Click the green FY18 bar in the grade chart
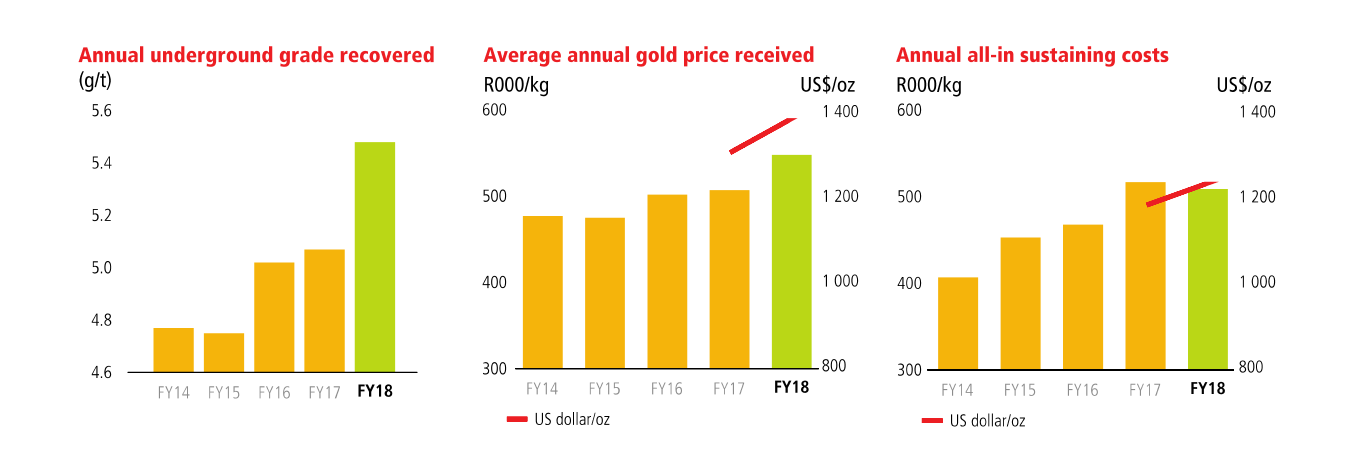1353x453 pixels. pos(375,257)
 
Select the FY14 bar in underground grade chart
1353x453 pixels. pos(173,350)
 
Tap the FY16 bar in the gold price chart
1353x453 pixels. pos(667,281)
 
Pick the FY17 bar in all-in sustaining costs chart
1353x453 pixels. pos(1145,275)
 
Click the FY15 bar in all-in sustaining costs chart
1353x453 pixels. pos(1020,303)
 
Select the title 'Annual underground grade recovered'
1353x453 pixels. pos(256,55)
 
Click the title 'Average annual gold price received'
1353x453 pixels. pos(648,55)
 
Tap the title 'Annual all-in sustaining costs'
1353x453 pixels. pos(1032,55)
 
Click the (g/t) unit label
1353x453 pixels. pos(96,80)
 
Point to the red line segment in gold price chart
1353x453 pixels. pos(762,135)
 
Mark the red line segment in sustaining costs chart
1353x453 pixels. pos(1181,193)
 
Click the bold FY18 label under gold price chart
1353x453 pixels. pos(792,388)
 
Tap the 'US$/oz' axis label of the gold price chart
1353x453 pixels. pos(827,85)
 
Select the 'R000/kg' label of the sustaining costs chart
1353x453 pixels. pos(928,85)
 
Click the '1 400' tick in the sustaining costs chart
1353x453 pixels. pos(1257,112)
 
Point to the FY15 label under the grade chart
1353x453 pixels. pos(224,393)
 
